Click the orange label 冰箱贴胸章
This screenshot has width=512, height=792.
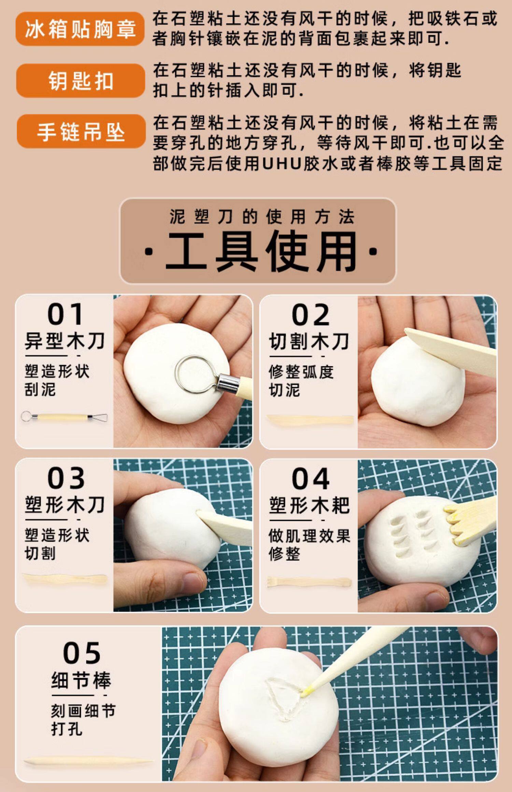[x=80, y=29]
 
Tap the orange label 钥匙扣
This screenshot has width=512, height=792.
[x=81, y=80]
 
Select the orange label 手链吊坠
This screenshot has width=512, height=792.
[x=81, y=131]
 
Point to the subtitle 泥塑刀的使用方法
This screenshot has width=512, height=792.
[x=262, y=217]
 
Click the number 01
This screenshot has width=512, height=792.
[x=65, y=314]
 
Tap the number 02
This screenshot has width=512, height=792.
[x=310, y=315]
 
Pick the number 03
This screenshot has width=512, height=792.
[x=66, y=478]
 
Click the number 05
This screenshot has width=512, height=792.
[x=82, y=653]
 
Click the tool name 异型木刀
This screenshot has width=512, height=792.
[x=65, y=341]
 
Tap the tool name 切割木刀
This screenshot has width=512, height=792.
[x=309, y=341]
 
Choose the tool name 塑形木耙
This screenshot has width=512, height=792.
[x=309, y=505]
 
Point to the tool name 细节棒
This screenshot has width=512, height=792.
[x=81, y=680]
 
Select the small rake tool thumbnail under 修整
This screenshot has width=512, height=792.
[x=309, y=582]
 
